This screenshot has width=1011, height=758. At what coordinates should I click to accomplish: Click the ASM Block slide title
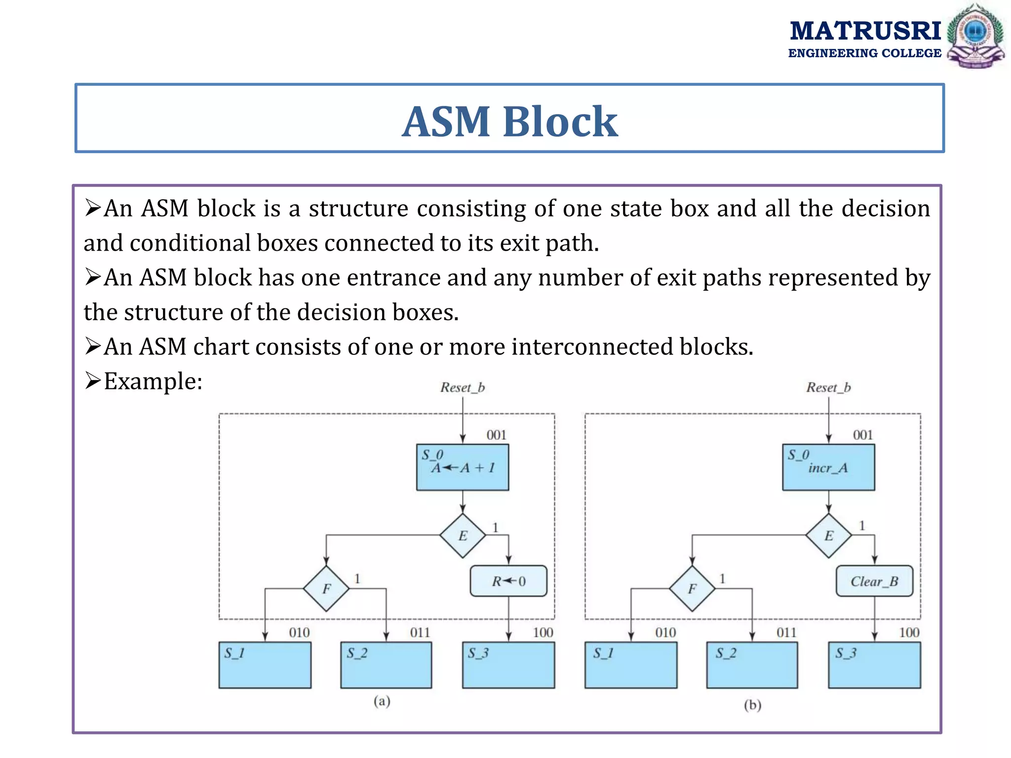click(509, 121)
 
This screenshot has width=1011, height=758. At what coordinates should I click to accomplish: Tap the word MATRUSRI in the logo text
click(865, 31)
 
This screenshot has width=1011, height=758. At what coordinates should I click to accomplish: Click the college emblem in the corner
click(975, 36)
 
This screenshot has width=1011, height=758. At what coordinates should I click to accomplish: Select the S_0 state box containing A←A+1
click(462, 467)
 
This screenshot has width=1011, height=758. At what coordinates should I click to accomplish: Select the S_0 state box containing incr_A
click(828, 467)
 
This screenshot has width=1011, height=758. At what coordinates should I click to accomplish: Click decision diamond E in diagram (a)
click(463, 536)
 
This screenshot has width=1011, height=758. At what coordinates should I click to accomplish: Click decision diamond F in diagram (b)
click(692, 588)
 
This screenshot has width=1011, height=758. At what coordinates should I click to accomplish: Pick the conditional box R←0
click(508, 581)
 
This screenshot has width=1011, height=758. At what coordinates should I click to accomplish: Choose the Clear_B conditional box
click(874, 581)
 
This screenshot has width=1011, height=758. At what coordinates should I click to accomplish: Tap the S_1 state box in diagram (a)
click(265, 665)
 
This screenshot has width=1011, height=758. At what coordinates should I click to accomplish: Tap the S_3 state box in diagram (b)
click(874, 665)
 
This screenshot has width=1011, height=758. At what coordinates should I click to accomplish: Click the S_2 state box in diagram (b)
click(752, 665)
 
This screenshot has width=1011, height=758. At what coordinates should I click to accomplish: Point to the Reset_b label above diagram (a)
click(463, 388)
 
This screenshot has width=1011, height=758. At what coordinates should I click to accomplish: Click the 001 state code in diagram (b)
click(863, 435)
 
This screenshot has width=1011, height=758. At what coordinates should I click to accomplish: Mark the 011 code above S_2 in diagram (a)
click(420, 633)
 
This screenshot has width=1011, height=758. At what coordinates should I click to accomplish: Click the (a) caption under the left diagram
click(382, 701)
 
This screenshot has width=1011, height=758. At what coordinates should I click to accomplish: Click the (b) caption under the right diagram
click(752, 705)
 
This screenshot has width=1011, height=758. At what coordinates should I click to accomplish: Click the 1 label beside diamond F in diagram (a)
click(357, 578)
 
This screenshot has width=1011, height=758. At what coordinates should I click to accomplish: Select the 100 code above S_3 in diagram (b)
click(909, 633)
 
